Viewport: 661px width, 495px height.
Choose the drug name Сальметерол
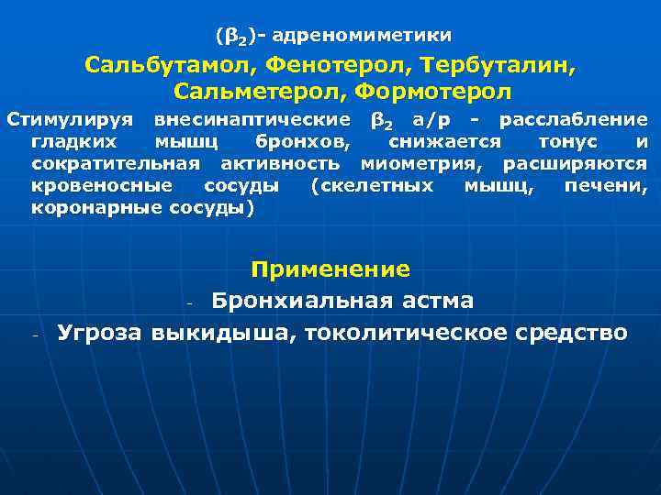point(259,93)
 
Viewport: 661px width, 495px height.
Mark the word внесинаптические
point(252,120)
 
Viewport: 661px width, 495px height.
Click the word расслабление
point(573,120)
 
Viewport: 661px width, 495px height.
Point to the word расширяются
point(575,164)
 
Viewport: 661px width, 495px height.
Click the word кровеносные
point(102,186)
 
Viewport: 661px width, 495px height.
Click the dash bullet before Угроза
point(34,335)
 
